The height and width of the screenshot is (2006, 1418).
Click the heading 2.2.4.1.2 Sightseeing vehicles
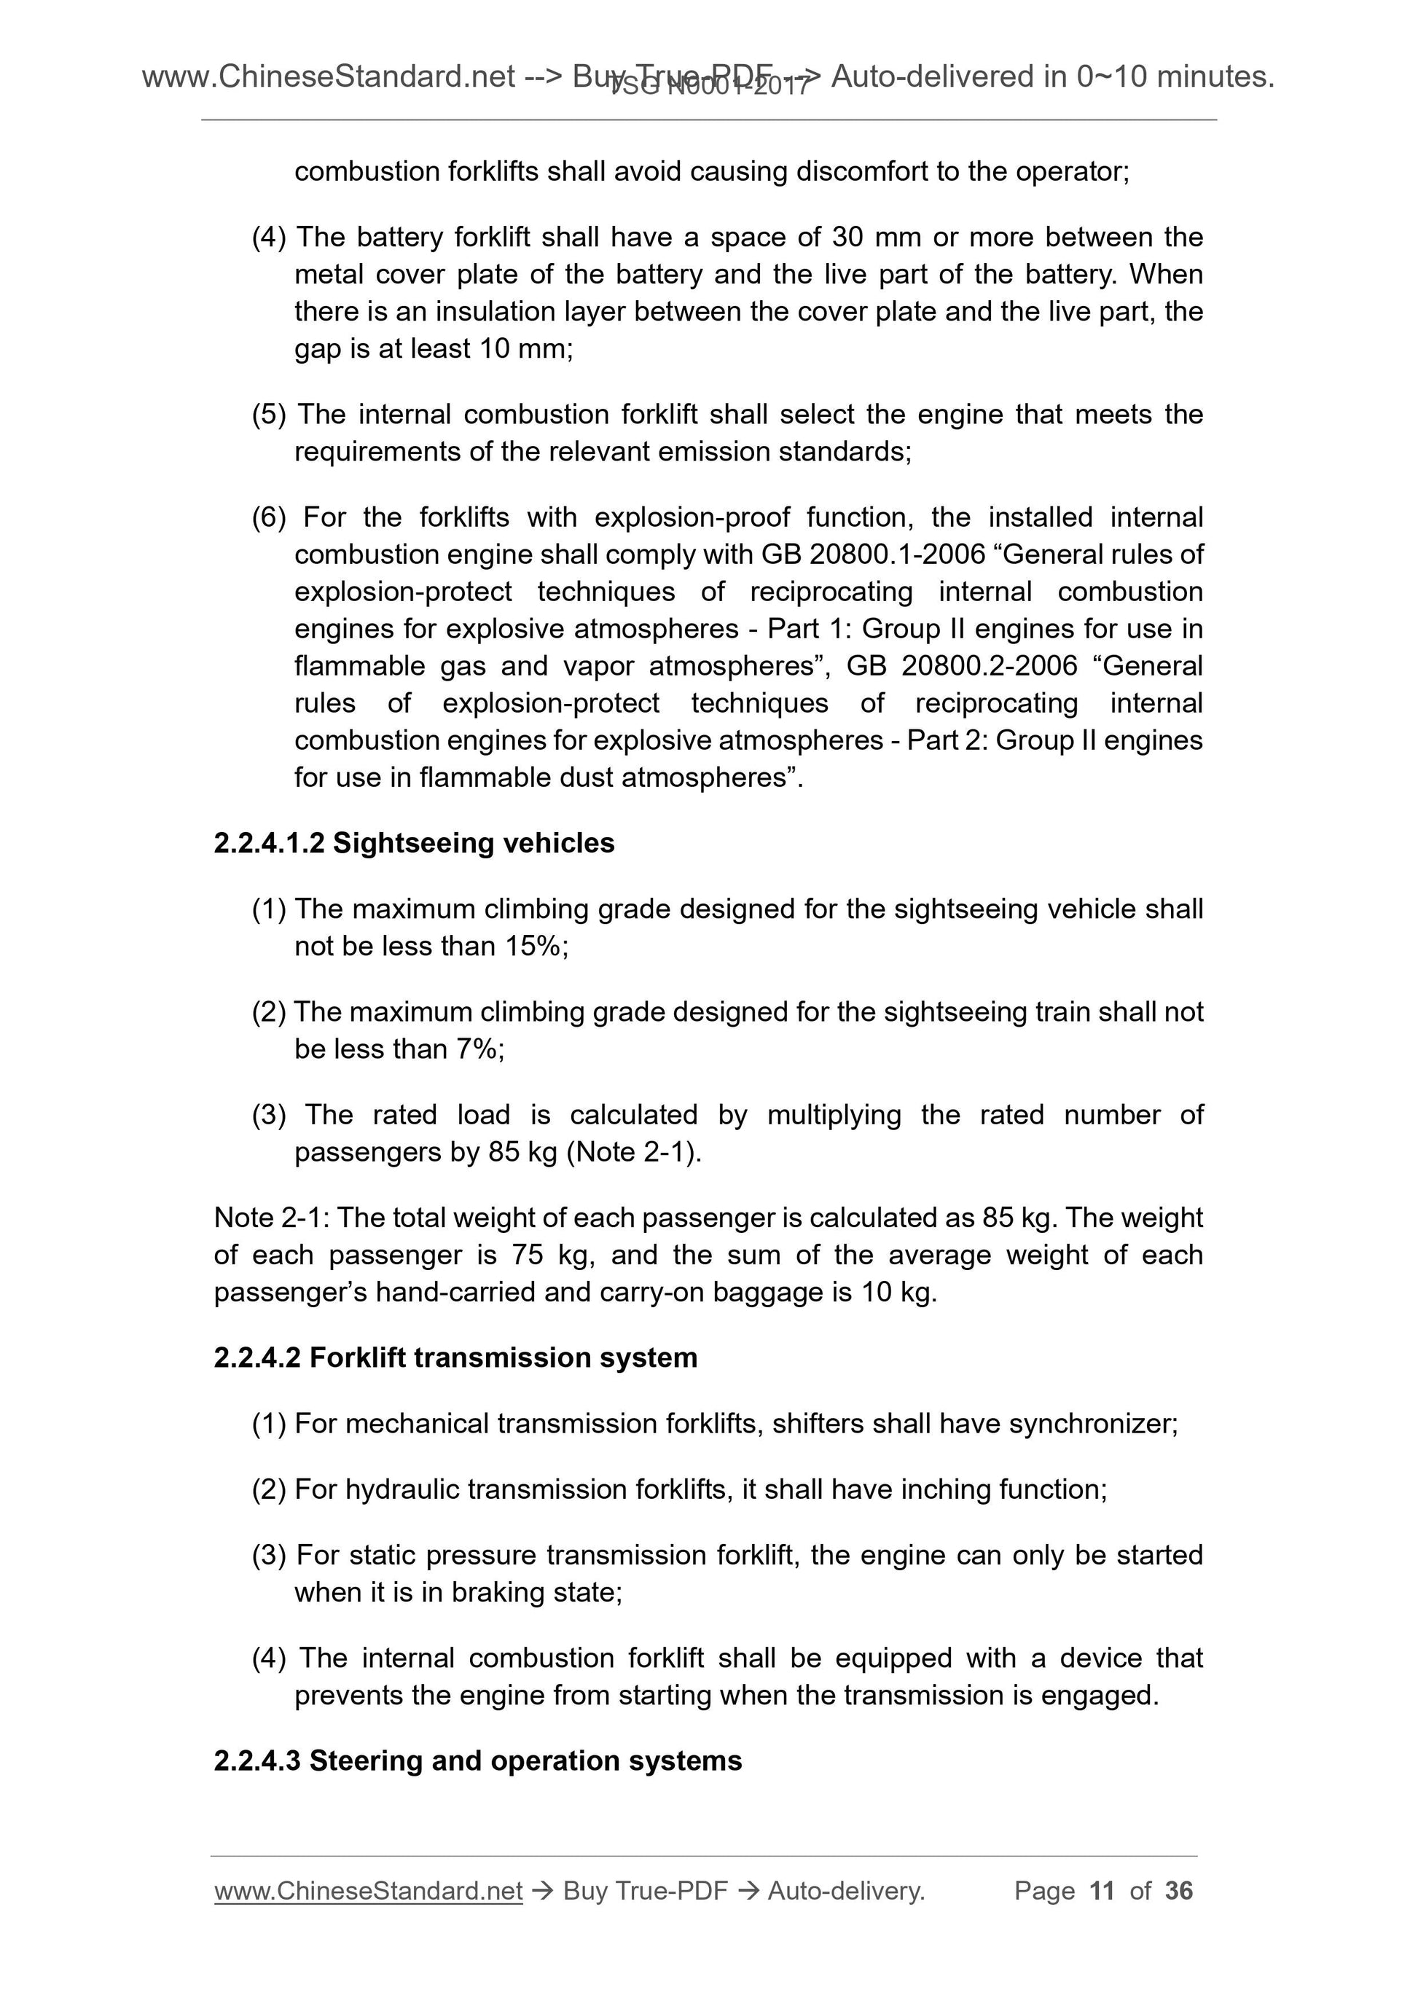pos(414,843)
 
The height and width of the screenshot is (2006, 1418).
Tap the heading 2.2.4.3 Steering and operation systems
pos(477,1760)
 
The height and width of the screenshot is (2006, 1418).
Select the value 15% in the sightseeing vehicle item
pos(534,947)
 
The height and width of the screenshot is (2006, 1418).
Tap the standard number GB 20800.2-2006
pos(962,666)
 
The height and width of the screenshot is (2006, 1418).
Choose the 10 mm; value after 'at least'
pos(526,348)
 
